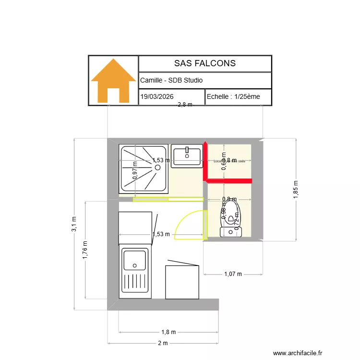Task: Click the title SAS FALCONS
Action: coord(204,63)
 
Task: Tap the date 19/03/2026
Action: coord(157,96)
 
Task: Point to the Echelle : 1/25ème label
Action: coord(233,96)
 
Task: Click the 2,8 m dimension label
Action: coord(185,105)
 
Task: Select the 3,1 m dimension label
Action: coord(74,224)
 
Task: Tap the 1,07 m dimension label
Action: coord(233,274)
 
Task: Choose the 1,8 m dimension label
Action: coord(168,332)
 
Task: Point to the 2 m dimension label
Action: coord(163,343)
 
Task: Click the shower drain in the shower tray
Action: coord(157,167)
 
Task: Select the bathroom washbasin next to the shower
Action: coord(187,155)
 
